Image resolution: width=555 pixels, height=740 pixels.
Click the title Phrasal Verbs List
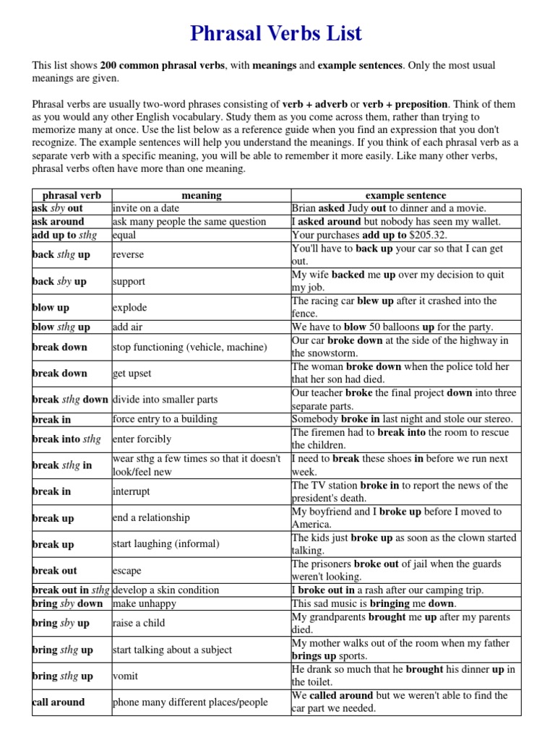coord(275,33)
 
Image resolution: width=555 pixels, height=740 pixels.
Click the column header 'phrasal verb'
coord(72,195)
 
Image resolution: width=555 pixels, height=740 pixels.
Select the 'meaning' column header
coord(201,195)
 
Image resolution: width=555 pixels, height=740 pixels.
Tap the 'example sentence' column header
coord(405,195)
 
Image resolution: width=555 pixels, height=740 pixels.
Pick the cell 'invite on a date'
coord(146,208)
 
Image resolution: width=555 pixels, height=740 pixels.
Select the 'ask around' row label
coord(59,222)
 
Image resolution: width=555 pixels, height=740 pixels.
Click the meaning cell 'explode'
coord(130,308)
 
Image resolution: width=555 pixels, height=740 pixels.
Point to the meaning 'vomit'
coord(126,676)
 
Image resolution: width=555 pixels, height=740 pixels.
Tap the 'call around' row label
coord(59,702)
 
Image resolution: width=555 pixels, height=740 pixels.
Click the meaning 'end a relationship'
coord(151,518)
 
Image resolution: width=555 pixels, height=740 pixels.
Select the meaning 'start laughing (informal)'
coord(165,544)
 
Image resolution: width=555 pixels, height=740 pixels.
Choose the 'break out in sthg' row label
coord(71,590)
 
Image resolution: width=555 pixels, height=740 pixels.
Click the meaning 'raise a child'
coord(139,623)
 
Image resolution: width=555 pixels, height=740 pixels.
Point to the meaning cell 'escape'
coord(127,571)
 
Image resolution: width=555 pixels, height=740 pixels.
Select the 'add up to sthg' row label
coord(65,235)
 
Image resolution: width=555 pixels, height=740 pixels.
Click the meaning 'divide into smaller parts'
coord(165,400)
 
